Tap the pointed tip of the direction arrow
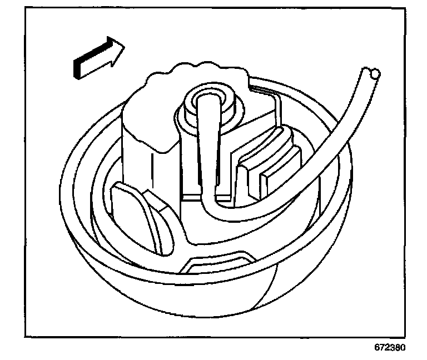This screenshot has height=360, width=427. (125, 45)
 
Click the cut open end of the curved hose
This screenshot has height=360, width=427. (369, 72)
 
